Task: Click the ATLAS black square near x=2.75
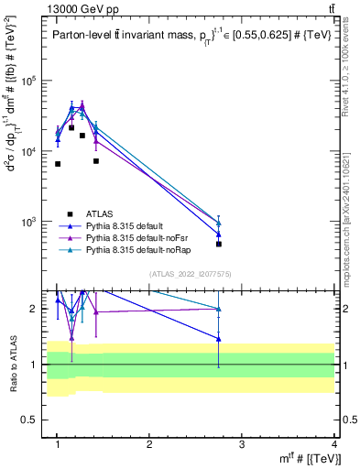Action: [x=219, y=245]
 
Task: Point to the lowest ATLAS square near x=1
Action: [x=58, y=164]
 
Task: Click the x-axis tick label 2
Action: [x=150, y=444]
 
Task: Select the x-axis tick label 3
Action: [x=242, y=444]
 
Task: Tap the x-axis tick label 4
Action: [x=334, y=444]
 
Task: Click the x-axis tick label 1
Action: [x=58, y=444]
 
